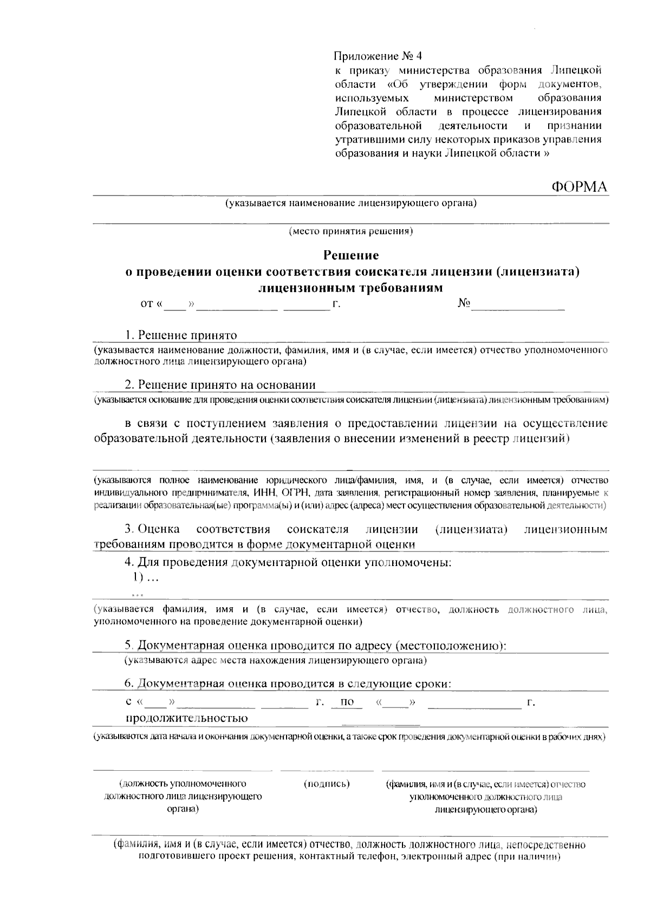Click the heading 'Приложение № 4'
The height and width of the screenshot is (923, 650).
pos(377,56)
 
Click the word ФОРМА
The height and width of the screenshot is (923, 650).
pos(579,187)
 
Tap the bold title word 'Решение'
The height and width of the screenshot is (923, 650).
pos(351,255)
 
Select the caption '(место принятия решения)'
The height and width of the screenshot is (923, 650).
pos(351,231)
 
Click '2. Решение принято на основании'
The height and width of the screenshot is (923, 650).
pos(220,385)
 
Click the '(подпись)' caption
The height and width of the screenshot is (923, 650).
pos(327,784)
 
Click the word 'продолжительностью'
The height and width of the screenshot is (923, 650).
pos(187,718)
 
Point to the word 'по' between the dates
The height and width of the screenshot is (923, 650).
pos(347,703)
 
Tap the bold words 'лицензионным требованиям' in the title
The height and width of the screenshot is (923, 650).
pos(351,287)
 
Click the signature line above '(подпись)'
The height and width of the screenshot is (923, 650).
pos(327,770)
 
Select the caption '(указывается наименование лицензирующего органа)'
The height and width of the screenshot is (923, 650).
pos(351,204)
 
